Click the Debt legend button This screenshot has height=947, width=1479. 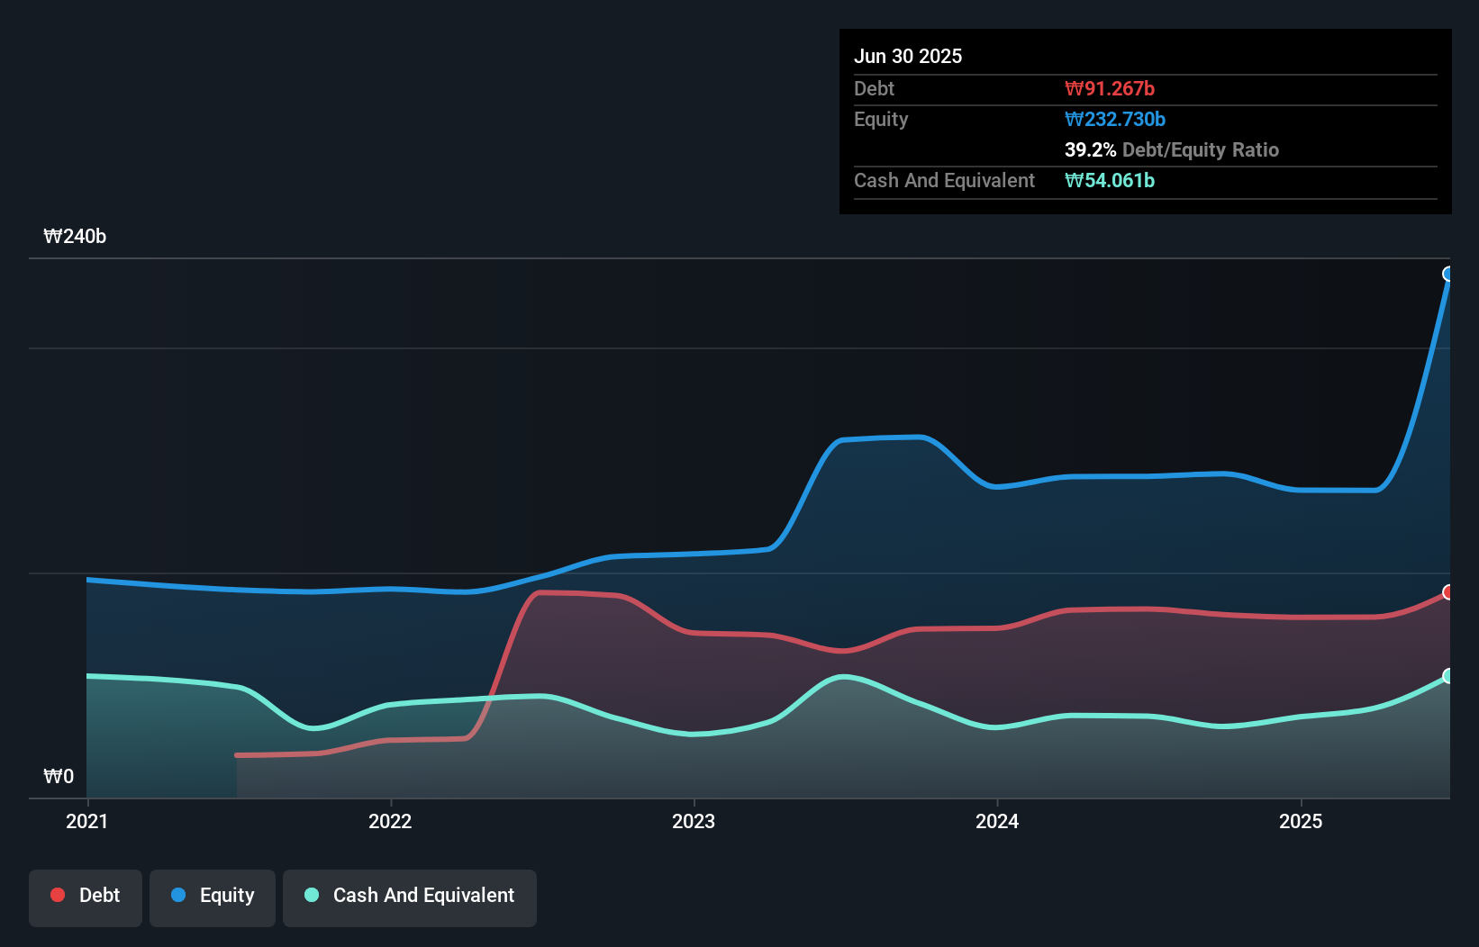click(x=86, y=896)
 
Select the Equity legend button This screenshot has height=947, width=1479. click(x=213, y=896)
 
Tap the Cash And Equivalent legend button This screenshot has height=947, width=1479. click(x=410, y=896)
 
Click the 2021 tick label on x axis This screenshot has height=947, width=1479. click(x=87, y=821)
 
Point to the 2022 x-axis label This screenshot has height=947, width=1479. click(x=390, y=821)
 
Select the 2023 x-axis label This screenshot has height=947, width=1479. click(x=694, y=821)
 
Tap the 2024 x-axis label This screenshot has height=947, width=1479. click(x=997, y=821)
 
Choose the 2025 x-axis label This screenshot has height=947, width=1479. click(x=1301, y=821)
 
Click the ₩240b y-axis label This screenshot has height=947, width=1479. click(x=75, y=237)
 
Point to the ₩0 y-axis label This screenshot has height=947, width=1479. click(x=59, y=776)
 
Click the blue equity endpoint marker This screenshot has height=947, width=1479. click(x=1448, y=274)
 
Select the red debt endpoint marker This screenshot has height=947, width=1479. click(x=1448, y=592)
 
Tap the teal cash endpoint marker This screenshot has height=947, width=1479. click(x=1448, y=676)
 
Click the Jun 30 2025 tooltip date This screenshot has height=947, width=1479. click(x=908, y=56)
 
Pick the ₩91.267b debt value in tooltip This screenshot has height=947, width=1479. click(x=1110, y=88)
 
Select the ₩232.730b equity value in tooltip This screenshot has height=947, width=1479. click(x=1115, y=119)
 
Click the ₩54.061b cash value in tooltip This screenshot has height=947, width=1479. click(x=1110, y=180)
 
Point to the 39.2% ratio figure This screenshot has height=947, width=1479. click(x=1090, y=149)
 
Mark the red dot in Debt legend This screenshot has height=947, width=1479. click(x=58, y=895)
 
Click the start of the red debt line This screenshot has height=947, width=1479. click(x=237, y=755)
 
